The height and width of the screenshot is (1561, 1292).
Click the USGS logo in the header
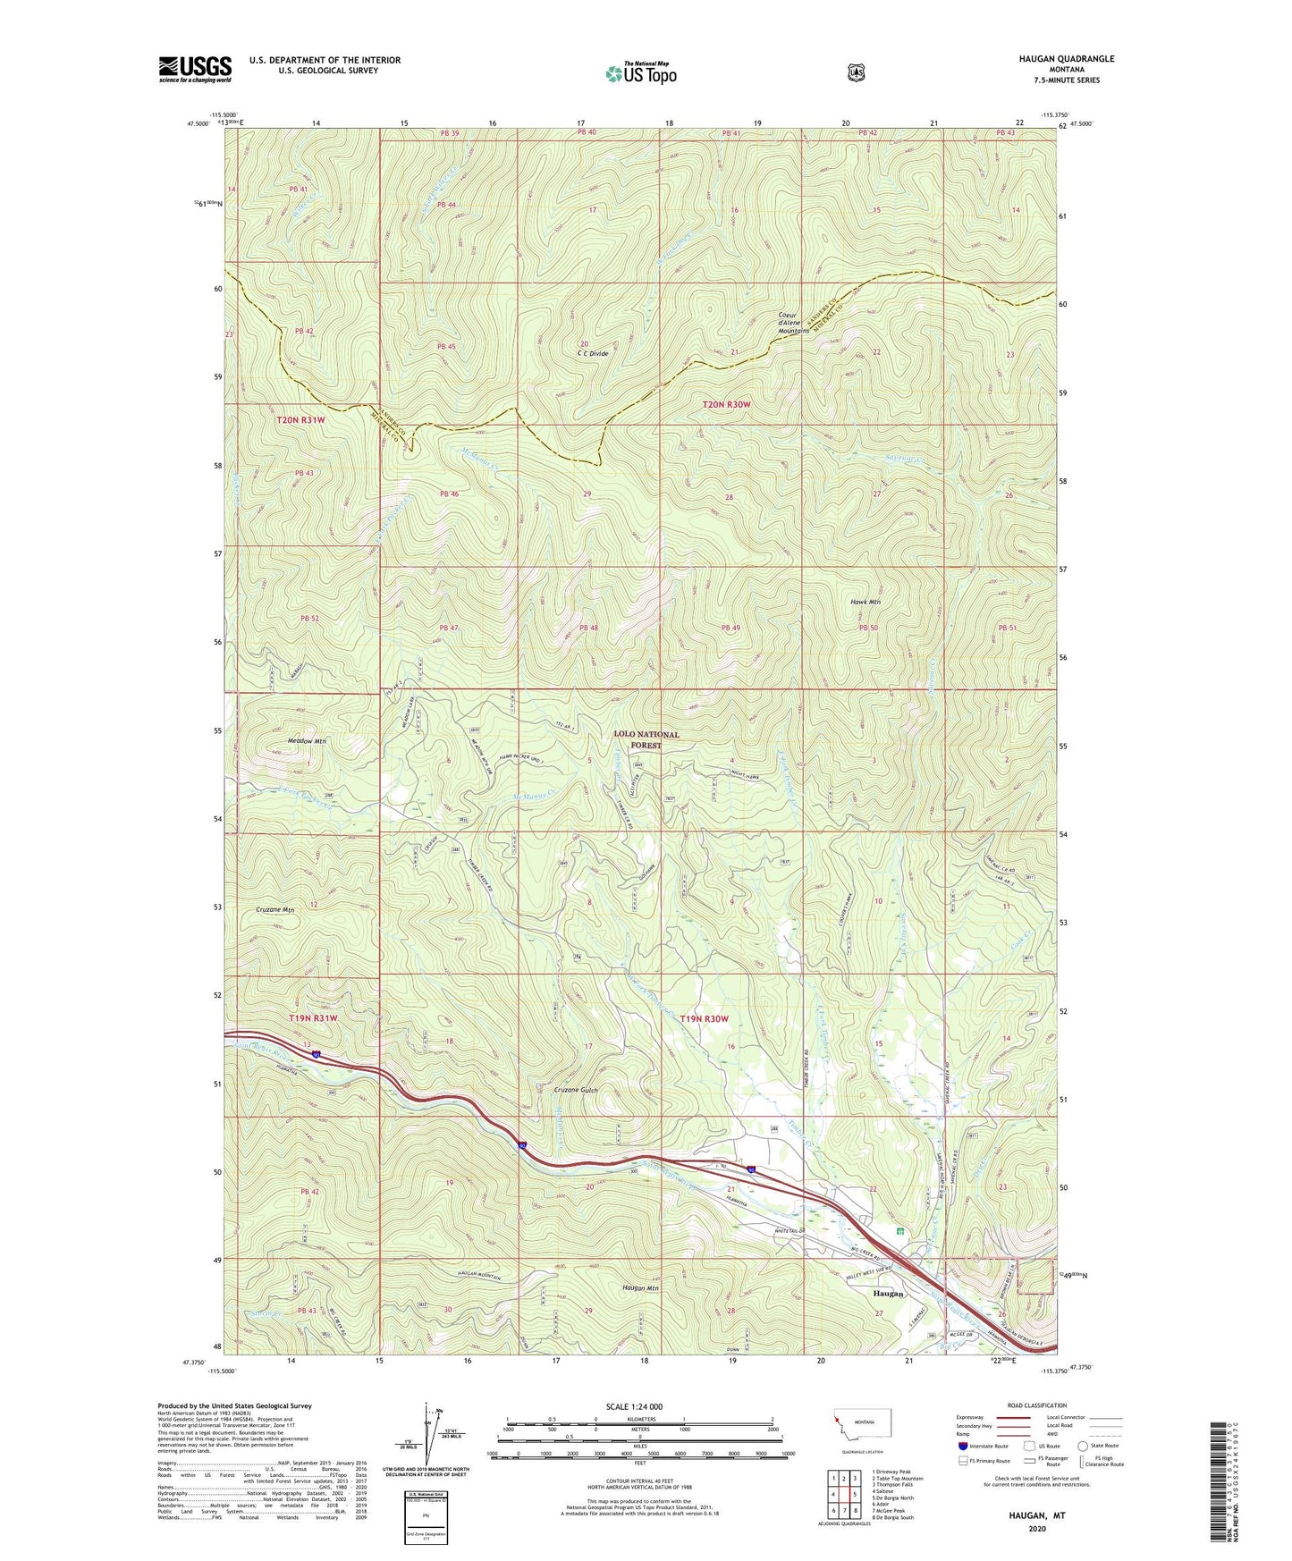pos(195,69)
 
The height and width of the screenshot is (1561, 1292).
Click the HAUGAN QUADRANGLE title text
pos(1061,59)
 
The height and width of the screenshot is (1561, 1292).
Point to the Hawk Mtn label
pos(865,603)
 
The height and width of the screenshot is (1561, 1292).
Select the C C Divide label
pos(593,353)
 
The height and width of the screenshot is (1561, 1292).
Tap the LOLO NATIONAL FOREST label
pos(646,739)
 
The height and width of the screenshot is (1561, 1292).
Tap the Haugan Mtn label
pos(640,1288)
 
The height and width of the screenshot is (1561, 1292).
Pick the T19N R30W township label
pos(704,1019)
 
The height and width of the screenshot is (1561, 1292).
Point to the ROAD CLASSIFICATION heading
pos(1036,1405)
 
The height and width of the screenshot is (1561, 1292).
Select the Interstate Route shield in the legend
pos(962,1446)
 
